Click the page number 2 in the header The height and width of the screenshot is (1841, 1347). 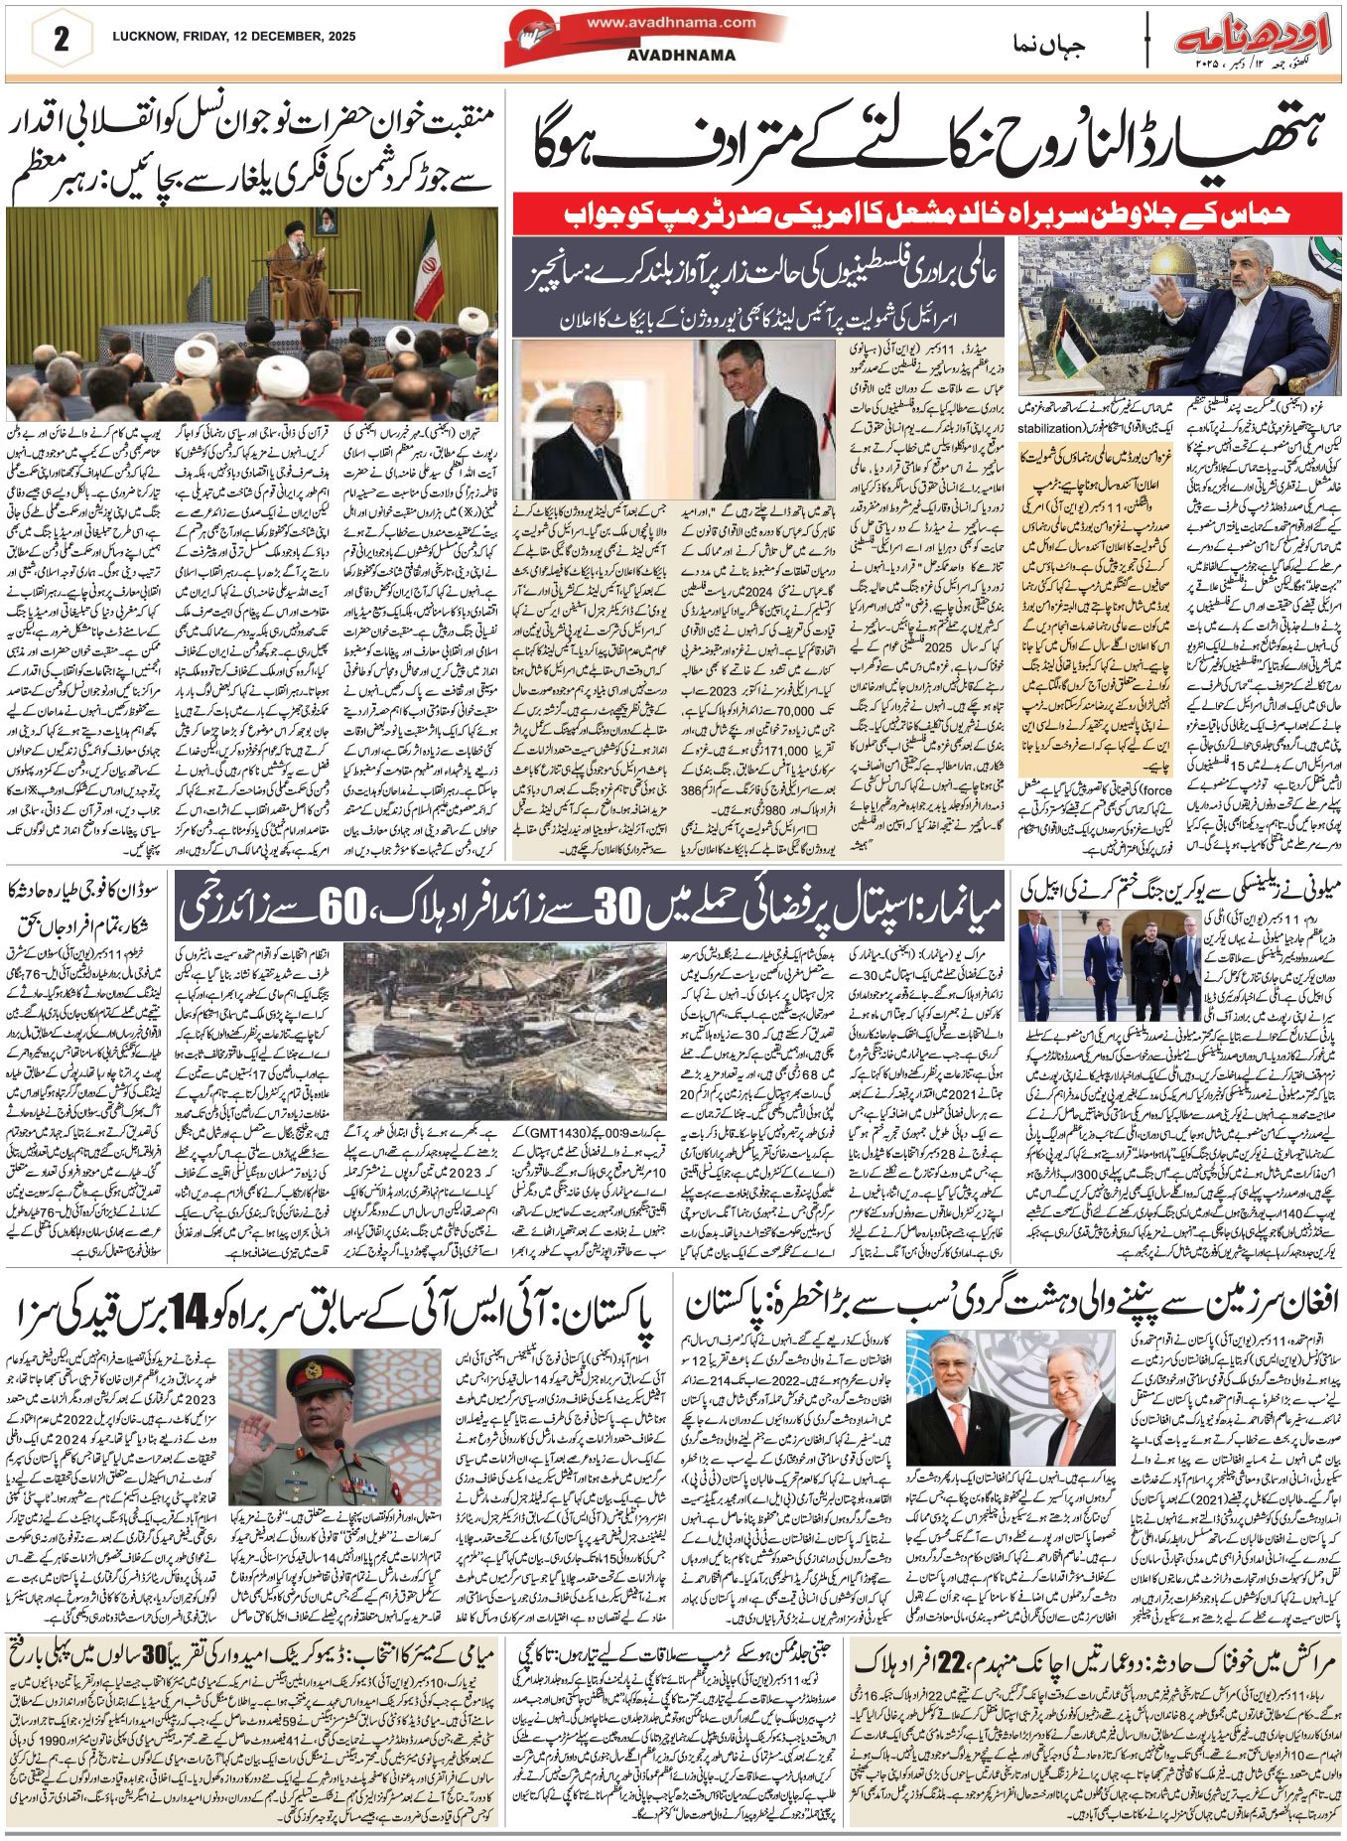click(x=61, y=42)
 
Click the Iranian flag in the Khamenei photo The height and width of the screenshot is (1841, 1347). click(x=429, y=255)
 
